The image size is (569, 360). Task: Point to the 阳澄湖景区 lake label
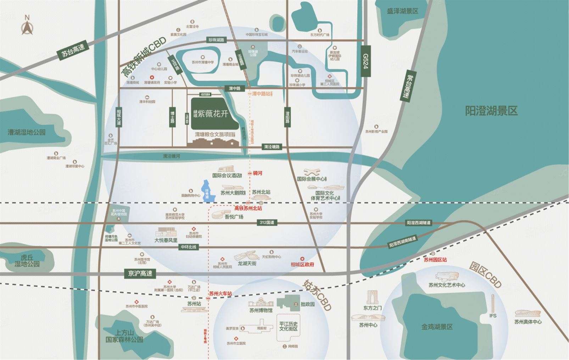click(x=491, y=111)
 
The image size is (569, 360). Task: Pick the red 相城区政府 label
click(x=302, y=264)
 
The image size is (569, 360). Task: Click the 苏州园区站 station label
click(x=435, y=259)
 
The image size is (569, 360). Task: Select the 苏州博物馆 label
click(x=261, y=310)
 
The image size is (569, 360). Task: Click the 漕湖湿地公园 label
click(x=27, y=132)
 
